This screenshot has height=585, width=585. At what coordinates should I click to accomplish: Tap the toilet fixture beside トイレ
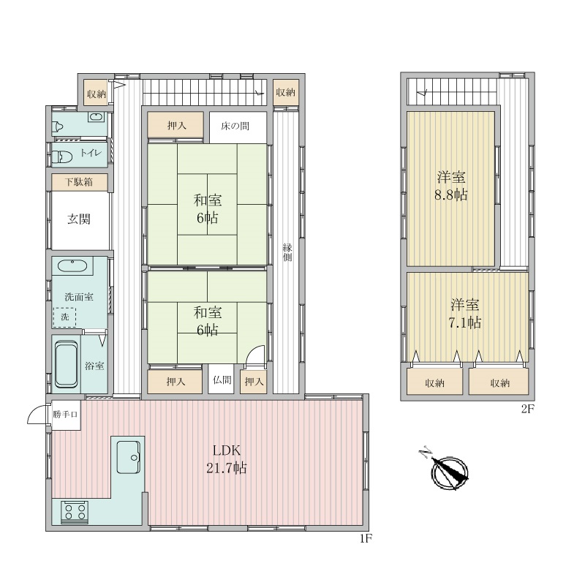[x=61, y=156]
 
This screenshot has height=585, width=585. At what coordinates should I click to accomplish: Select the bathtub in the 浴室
[x=67, y=365]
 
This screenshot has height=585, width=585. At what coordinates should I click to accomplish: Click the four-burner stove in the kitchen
[x=75, y=511]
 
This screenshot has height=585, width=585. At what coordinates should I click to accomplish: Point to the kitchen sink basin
[x=129, y=457]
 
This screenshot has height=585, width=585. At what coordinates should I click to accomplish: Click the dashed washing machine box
[x=64, y=317]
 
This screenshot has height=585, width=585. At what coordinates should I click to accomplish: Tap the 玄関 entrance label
[x=79, y=219]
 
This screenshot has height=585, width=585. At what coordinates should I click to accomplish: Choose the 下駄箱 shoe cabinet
[x=80, y=182]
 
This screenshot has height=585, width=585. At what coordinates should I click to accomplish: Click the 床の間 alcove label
[x=235, y=126]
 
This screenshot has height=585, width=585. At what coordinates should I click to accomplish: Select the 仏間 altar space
[x=222, y=380]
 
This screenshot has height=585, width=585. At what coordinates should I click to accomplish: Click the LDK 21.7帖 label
[x=227, y=459]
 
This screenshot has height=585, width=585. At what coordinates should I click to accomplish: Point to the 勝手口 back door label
[x=65, y=414]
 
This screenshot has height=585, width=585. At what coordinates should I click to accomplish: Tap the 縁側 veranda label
[x=287, y=252]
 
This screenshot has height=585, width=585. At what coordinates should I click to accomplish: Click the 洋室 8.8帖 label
[x=451, y=186]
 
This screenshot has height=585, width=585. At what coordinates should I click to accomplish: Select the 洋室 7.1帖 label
[x=464, y=314]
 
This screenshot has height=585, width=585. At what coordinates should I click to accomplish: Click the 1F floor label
[x=366, y=538]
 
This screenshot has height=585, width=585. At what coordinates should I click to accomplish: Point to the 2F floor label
[x=528, y=409]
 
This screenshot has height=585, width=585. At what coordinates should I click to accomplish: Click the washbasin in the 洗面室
[x=72, y=266]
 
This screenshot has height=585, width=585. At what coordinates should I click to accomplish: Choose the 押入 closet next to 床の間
[x=175, y=125]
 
